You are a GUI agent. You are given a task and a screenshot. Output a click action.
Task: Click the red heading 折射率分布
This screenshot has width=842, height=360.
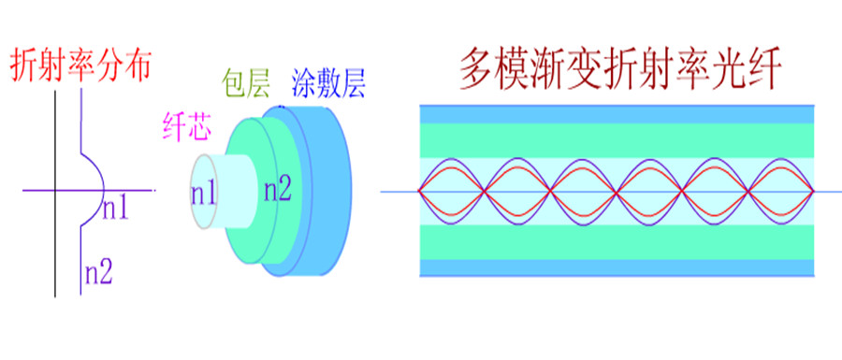[x=80, y=65]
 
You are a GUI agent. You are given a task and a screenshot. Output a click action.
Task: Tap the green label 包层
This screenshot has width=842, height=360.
[x=245, y=83]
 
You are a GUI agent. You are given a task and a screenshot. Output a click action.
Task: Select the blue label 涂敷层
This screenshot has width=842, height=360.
[x=328, y=83]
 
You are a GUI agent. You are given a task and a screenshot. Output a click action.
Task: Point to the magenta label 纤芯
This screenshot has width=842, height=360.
[x=186, y=127]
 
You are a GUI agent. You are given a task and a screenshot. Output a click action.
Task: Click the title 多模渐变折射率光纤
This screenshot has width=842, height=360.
[x=618, y=69]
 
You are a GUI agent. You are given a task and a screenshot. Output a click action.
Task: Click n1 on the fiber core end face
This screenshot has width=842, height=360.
[x=204, y=194]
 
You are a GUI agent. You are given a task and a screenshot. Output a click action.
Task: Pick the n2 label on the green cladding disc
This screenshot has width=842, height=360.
[x=277, y=190]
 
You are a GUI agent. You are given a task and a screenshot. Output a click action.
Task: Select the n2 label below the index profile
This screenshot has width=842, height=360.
[x=99, y=274]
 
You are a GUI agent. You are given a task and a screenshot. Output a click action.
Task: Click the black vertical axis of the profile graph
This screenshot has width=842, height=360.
[x=55, y=194]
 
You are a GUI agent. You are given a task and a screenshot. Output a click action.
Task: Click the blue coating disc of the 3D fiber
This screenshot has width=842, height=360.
[x=327, y=191]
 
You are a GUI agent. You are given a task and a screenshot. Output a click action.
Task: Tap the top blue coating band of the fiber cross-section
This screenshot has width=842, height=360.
[x=617, y=115]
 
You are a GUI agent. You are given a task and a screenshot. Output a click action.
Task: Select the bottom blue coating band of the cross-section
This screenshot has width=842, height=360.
[x=617, y=267]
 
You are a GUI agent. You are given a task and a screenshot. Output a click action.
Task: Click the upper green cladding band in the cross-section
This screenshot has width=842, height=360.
[x=617, y=140]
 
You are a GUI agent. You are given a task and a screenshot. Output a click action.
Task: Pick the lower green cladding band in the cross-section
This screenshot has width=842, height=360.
[x=617, y=241]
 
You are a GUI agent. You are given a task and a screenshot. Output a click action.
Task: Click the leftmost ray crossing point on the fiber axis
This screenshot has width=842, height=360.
[x=419, y=191]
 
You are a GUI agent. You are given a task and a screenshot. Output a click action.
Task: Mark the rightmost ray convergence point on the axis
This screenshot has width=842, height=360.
[x=813, y=191]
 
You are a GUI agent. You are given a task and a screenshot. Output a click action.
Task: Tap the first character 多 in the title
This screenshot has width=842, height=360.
[x=477, y=69]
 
